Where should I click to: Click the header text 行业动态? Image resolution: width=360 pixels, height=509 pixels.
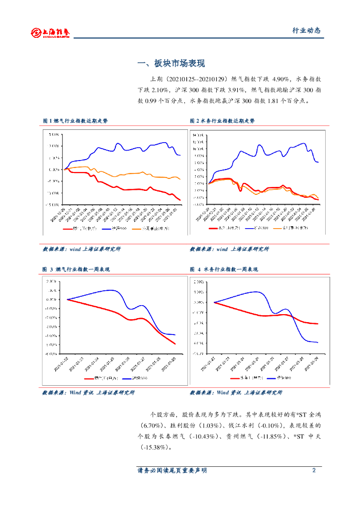pos(306,30)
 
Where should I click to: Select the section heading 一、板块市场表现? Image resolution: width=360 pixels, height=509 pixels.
pos(171,64)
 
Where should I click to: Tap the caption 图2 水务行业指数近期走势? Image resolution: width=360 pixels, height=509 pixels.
pos(222,121)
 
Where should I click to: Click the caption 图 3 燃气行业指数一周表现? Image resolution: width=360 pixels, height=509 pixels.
pos(76,269)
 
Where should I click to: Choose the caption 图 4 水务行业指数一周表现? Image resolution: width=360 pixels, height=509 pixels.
pos(224,269)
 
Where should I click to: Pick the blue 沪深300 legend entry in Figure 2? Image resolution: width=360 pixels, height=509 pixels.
pos(257,228)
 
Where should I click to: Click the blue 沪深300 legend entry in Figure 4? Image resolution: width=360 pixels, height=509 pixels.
pos(280,378)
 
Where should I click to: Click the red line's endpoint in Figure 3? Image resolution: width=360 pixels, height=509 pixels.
pos(175,344)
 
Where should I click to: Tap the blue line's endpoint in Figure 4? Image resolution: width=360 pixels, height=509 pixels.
pos(318,342)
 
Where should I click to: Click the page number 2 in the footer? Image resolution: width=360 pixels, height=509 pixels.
pos(314,470)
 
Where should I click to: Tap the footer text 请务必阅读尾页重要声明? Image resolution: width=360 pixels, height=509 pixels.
pos(172,471)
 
